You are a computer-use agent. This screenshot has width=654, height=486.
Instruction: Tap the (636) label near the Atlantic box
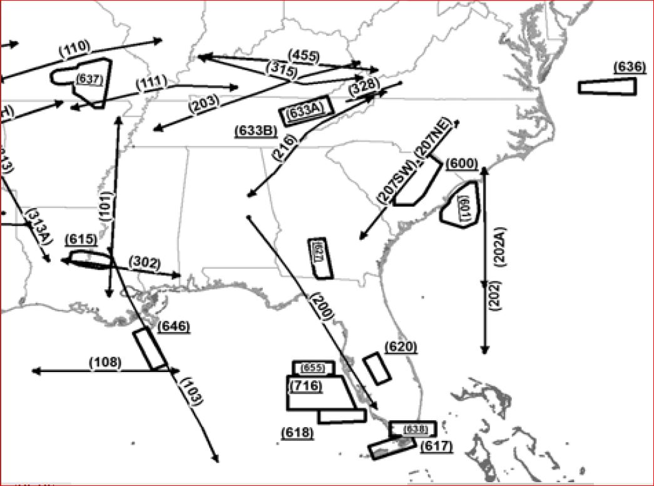tap(629, 67)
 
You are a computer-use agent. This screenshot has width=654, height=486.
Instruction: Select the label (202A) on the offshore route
tap(501, 246)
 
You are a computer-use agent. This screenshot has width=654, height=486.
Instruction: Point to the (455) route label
tap(304, 56)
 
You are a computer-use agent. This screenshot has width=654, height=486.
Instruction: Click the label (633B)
tap(256, 131)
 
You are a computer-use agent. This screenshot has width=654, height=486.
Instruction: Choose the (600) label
tap(462, 163)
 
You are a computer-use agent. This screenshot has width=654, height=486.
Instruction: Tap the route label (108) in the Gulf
tap(105, 362)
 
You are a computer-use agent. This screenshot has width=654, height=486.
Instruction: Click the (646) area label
tap(174, 326)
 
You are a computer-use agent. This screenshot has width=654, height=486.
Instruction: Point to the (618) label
tap(298, 433)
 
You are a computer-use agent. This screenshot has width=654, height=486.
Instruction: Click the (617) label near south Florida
tap(436, 446)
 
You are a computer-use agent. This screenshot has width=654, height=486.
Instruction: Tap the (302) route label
tap(145, 263)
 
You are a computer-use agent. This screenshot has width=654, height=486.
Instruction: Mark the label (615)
tap(81, 239)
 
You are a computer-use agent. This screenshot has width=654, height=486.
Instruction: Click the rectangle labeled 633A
tap(305, 112)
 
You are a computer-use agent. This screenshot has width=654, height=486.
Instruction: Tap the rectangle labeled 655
tap(314, 368)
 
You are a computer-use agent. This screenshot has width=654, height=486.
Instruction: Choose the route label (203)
tap(203, 101)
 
